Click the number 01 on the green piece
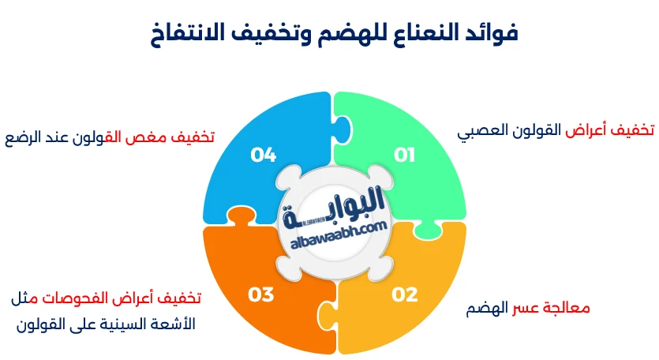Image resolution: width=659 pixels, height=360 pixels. pos(405,155)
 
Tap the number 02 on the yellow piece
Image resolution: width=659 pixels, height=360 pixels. pos(405,295)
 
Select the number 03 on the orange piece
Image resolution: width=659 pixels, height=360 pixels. pos(261,295)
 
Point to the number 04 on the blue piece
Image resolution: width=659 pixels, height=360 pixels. pos(263,155)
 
